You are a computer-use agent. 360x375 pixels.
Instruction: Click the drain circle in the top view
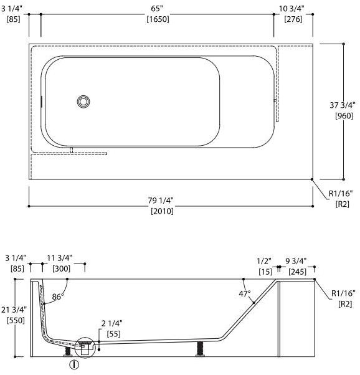pyautogui.click(x=83, y=102)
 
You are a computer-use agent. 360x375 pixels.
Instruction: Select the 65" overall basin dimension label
pyautogui.click(x=157, y=9)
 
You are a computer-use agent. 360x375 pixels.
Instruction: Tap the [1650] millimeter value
pyautogui.click(x=158, y=19)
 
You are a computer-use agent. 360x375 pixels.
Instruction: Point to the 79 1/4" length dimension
pyautogui.click(x=161, y=201)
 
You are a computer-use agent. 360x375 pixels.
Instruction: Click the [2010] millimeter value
pyautogui.click(x=162, y=211)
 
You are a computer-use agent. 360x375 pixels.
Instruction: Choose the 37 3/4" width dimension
pyautogui.click(x=343, y=105)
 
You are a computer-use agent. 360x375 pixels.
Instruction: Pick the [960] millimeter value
pyautogui.click(x=344, y=116)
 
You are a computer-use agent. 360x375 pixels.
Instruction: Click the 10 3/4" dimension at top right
pyautogui.click(x=291, y=9)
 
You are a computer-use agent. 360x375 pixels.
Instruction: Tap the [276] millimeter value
pyautogui.click(x=293, y=19)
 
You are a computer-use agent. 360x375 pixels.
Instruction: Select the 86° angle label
pyautogui.click(x=58, y=297)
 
